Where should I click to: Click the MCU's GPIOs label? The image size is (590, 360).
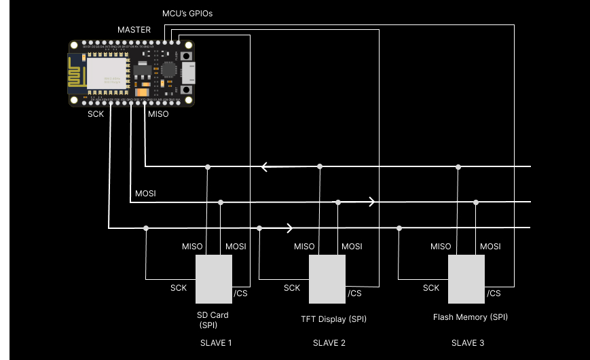(187, 14)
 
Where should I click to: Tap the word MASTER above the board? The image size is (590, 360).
(134, 30)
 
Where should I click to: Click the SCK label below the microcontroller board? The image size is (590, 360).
(96, 114)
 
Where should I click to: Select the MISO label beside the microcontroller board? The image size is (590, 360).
(158, 114)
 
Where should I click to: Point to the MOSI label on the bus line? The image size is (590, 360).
(145, 194)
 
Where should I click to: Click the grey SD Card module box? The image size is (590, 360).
(214, 279)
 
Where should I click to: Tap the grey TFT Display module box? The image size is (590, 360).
(327, 279)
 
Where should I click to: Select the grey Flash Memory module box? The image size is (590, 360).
(466, 279)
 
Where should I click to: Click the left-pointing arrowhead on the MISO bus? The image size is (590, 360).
(265, 166)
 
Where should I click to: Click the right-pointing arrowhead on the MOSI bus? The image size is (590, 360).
(371, 202)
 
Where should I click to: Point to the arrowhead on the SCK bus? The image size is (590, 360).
(290, 228)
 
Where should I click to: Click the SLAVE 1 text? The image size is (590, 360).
(216, 343)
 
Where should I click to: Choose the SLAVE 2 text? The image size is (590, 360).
(329, 343)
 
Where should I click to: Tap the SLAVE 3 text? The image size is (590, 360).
(468, 343)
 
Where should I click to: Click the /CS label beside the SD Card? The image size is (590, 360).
(240, 293)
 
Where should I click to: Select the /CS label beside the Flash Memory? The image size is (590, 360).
(494, 293)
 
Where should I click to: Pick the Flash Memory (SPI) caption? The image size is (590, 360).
(470, 317)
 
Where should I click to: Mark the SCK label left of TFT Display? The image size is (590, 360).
(292, 288)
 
